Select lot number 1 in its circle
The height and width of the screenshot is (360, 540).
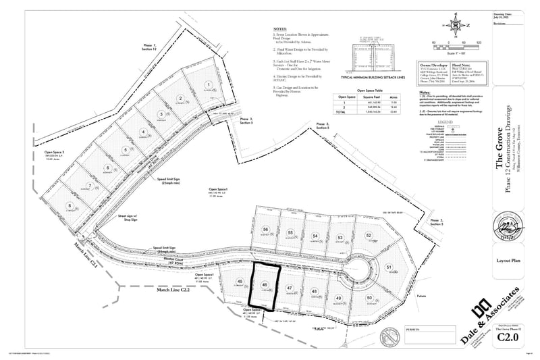(x=191, y=84)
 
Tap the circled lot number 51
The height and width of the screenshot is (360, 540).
(x=389, y=268)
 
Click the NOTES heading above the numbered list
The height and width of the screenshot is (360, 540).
(x=279, y=30)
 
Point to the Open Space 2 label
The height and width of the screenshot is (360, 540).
(x=38, y=153)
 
